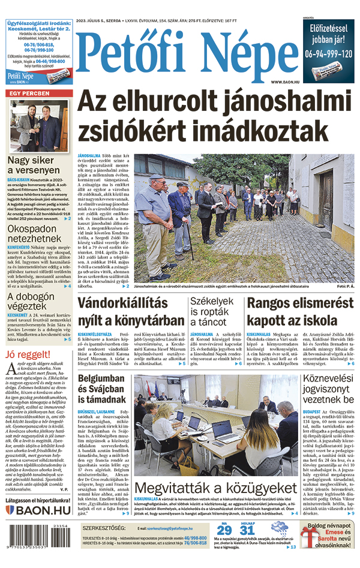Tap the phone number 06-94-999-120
[x=328, y=53]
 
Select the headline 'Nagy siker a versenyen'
[x=38, y=166]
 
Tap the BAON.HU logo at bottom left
[x=38, y=510]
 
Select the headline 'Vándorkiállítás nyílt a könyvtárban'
[x=131, y=311]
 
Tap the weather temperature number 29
[x=224, y=530]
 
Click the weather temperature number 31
[x=247, y=530]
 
